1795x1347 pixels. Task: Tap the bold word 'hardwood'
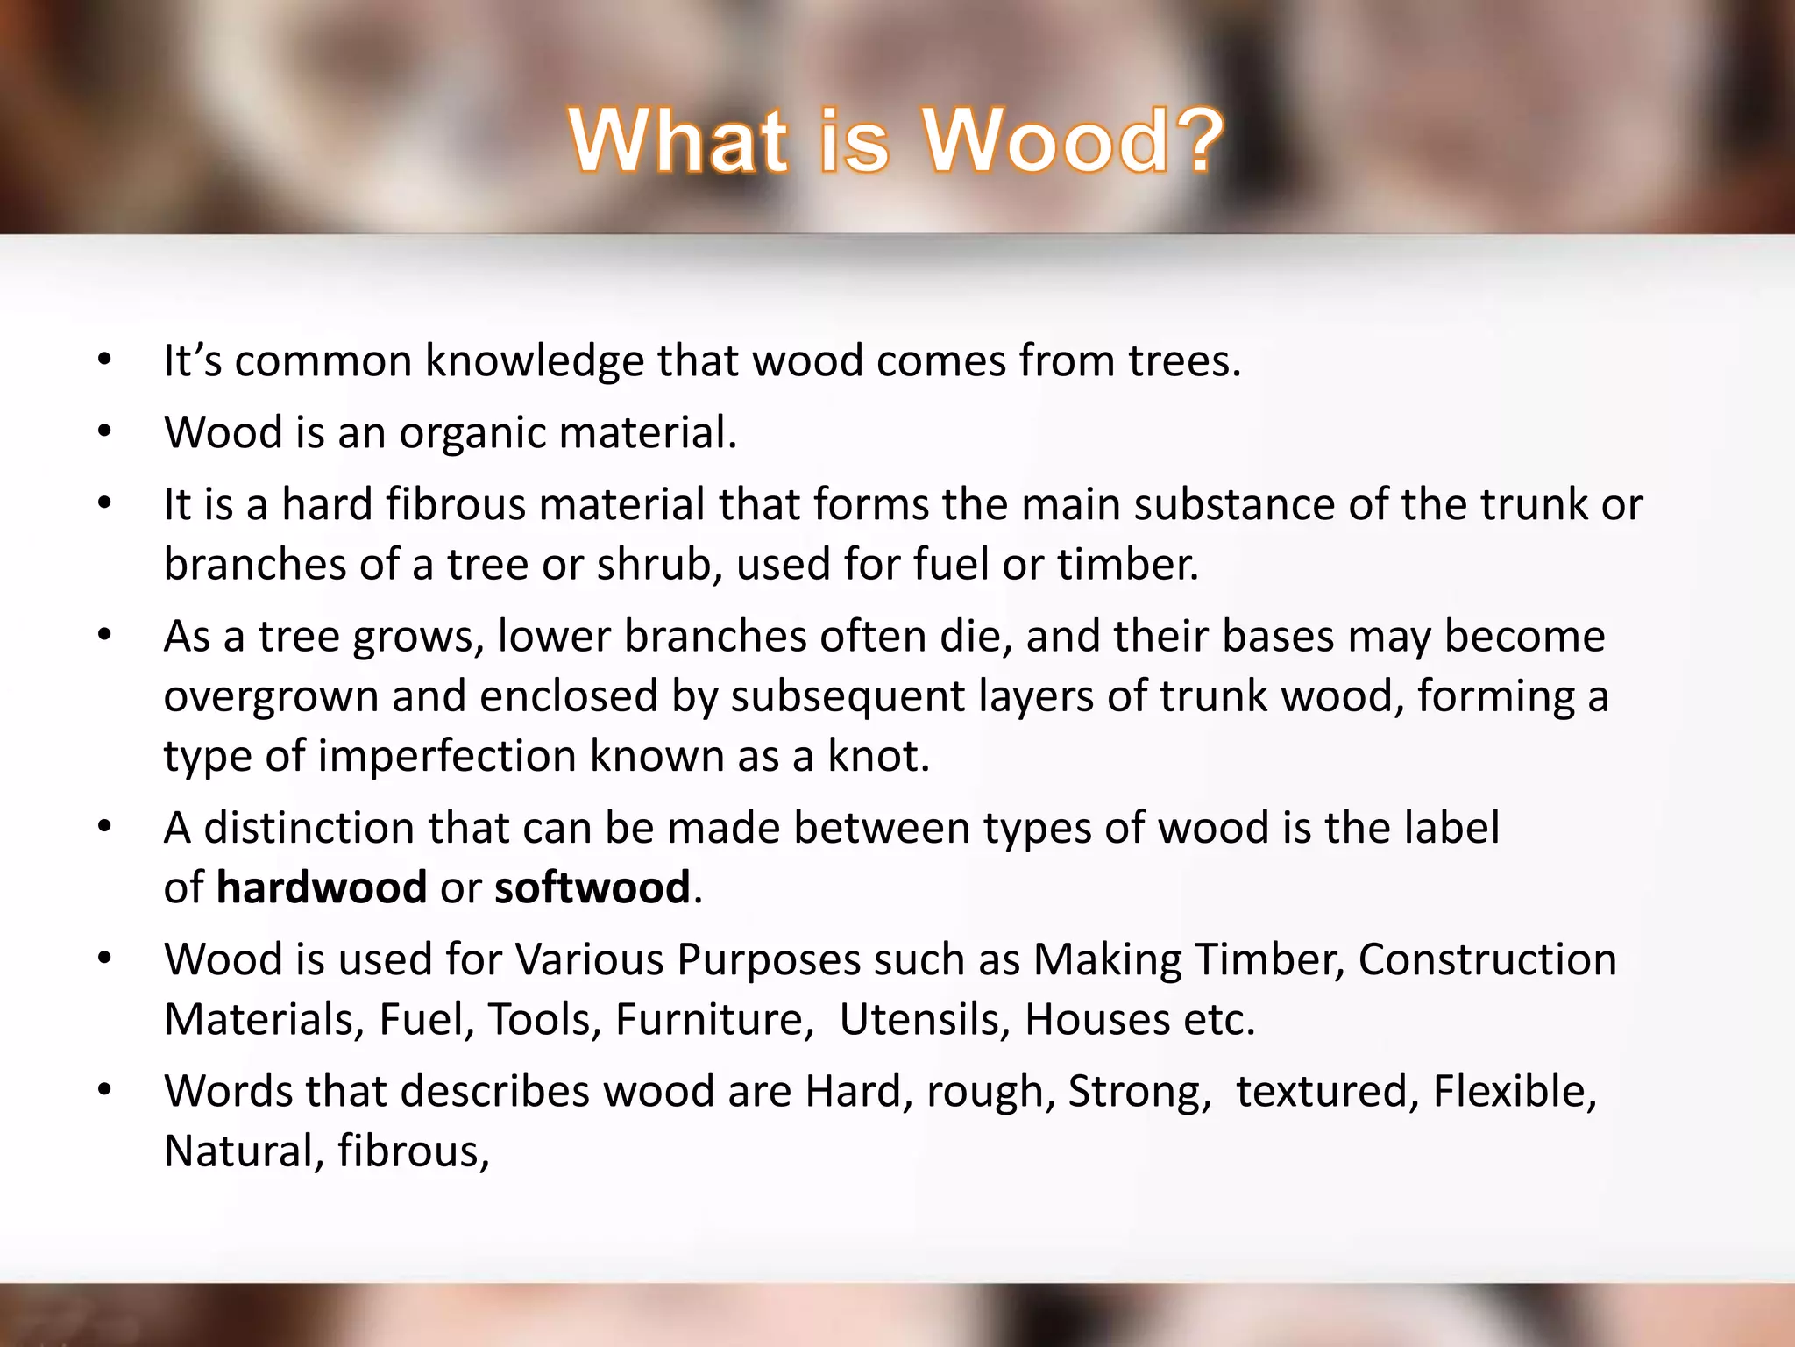point(322,887)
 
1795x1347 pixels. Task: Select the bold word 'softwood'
point(592,887)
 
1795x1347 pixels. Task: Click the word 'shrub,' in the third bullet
point(660,564)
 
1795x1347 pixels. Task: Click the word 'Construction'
point(1487,959)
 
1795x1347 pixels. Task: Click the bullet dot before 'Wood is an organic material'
point(105,431)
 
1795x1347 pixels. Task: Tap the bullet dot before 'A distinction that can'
point(105,827)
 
